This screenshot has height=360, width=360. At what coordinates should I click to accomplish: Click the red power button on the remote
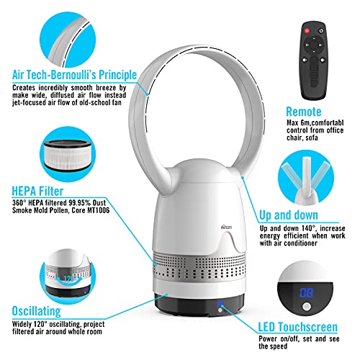(x=307, y=31)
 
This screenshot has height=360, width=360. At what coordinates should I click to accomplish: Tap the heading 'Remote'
(x=303, y=112)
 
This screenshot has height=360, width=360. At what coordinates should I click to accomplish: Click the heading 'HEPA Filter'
(x=37, y=192)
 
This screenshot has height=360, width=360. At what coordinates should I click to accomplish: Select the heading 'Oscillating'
(x=37, y=311)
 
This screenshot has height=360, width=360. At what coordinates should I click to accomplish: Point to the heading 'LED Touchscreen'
(x=297, y=327)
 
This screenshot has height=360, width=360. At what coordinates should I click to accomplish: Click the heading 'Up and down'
(x=289, y=215)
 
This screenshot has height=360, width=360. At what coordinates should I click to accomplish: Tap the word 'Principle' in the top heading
(x=118, y=75)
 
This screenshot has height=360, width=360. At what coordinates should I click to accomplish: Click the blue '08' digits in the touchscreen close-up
(x=306, y=293)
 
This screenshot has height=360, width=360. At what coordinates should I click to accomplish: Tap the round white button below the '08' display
(x=307, y=307)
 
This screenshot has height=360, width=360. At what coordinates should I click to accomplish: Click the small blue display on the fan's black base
(x=220, y=304)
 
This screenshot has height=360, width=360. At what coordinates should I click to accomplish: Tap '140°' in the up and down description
(x=308, y=228)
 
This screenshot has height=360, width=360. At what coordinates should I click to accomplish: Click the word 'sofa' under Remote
(x=312, y=138)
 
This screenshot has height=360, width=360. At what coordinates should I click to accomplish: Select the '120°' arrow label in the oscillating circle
(x=70, y=279)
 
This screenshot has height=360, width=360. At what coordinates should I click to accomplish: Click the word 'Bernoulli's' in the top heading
(x=74, y=75)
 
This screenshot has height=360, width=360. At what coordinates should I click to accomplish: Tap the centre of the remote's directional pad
(x=313, y=45)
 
